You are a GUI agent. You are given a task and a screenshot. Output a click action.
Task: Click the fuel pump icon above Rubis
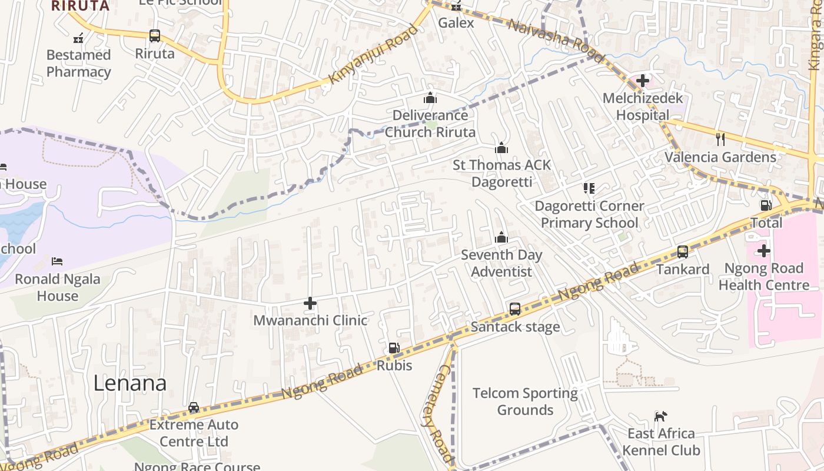click(394, 348)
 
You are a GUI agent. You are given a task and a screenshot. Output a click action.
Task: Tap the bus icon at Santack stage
click(515, 309)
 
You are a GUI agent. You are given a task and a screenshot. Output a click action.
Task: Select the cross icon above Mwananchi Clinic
click(310, 303)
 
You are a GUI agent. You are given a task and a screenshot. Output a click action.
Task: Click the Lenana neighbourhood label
click(130, 383)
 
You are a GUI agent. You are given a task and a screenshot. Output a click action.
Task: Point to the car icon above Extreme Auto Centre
click(194, 407)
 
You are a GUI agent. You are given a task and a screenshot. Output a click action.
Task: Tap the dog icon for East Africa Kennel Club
click(661, 416)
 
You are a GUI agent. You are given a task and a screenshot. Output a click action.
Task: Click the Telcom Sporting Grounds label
click(525, 401)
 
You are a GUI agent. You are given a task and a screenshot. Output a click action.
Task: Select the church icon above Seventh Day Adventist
click(501, 237)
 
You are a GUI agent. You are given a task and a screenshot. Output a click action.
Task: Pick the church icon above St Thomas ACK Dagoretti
click(501, 148)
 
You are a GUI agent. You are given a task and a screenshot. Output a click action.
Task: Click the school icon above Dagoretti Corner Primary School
click(589, 188)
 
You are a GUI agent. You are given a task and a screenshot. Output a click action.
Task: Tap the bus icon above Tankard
click(683, 252)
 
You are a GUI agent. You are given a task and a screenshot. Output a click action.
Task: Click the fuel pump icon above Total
click(766, 205)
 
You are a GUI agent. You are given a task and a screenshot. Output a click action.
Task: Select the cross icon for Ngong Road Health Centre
click(763, 251)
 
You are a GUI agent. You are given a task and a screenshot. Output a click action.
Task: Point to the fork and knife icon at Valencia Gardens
click(720, 140)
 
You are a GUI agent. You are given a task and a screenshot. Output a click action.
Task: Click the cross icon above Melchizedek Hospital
click(642, 81)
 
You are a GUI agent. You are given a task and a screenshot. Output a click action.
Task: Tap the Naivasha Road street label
click(555, 41)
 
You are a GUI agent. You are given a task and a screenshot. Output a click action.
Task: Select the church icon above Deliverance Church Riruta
click(430, 98)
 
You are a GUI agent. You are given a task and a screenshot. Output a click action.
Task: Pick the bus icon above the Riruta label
click(155, 36)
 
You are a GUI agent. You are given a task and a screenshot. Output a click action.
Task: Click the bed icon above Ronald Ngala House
click(57, 261)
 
